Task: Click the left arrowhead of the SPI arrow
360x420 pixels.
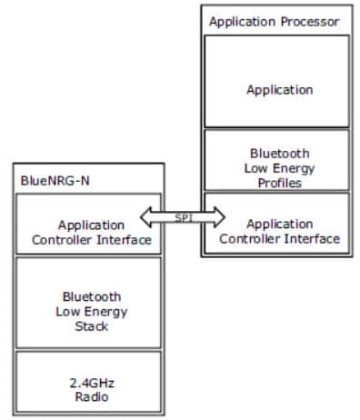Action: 146,217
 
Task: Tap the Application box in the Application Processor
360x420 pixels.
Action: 275,90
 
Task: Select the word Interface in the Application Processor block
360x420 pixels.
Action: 314,239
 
